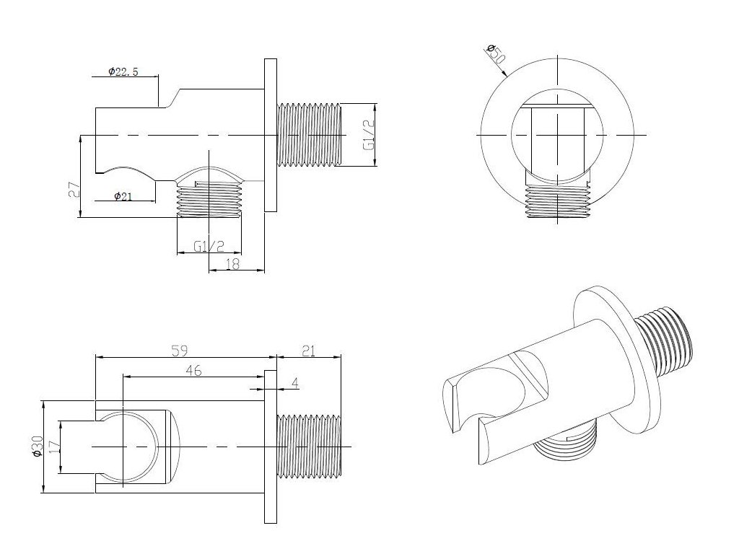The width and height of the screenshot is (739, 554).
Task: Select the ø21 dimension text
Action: click(122, 197)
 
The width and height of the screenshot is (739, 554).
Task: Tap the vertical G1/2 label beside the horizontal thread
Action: click(368, 135)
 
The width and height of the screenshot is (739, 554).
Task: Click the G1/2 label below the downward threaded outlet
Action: click(209, 246)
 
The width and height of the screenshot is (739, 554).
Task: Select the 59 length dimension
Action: click(180, 351)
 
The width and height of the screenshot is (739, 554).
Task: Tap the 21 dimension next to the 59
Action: click(308, 351)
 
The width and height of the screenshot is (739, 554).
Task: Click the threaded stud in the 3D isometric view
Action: click(667, 343)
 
